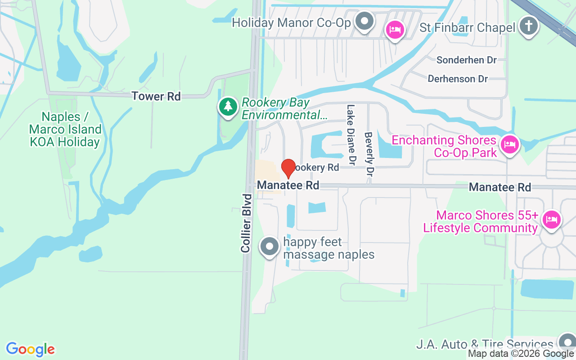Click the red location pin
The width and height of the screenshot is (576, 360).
(288, 168)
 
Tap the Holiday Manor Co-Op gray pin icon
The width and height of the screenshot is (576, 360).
(364, 21)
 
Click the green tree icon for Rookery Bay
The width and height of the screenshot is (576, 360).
(229, 107)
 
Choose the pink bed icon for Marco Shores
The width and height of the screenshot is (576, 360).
(551, 220)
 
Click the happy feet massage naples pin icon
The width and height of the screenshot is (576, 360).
(270, 247)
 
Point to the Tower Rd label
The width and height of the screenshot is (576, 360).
(156, 96)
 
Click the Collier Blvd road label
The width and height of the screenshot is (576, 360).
(246, 223)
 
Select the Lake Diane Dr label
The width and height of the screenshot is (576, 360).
(351, 135)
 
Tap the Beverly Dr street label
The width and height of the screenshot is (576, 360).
(369, 154)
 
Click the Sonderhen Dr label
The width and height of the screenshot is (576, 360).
(466, 60)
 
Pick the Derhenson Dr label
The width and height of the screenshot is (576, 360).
(458, 79)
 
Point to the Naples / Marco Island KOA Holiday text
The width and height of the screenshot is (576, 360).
(65, 130)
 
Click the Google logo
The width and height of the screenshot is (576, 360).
(30, 349)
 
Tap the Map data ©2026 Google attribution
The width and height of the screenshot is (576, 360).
(521, 354)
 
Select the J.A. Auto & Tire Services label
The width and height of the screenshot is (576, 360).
(484, 345)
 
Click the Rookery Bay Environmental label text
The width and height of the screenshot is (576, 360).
(284, 109)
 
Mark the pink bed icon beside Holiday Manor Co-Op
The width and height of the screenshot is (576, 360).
(396, 31)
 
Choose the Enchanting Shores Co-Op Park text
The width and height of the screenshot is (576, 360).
(444, 146)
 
